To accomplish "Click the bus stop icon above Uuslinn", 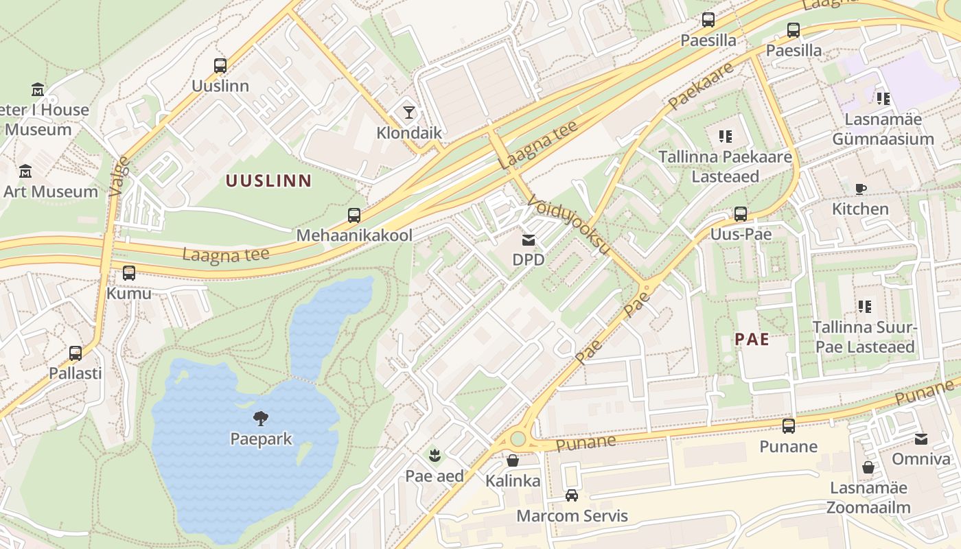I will click(x=220, y=66).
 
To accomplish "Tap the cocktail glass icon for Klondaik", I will click(x=409, y=112).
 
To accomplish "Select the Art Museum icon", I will click(x=25, y=171).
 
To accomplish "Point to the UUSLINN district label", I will click(x=269, y=181).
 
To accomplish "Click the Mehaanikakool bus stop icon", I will click(x=354, y=215).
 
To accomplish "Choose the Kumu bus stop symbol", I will click(x=129, y=273).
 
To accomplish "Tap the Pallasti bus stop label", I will click(x=76, y=373).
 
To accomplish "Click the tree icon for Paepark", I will click(x=260, y=418).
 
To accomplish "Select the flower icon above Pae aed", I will click(x=434, y=455).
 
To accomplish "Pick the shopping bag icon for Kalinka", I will click(x=513, y=460).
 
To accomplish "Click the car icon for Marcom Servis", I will click(x=572, y=495).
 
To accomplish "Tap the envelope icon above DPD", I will click(x=528, y=240).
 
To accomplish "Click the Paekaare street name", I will click(x=700, y=86).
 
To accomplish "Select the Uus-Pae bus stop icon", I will click(x=740, y=214).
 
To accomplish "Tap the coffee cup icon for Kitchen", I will click(x=860, y=189).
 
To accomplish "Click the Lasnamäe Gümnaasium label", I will click(x=883, y=129).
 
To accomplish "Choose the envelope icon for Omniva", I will click(x=921, y=439).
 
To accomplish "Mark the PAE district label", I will click(x=752, y=339).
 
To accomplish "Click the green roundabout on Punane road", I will click(x=518, y=439).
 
